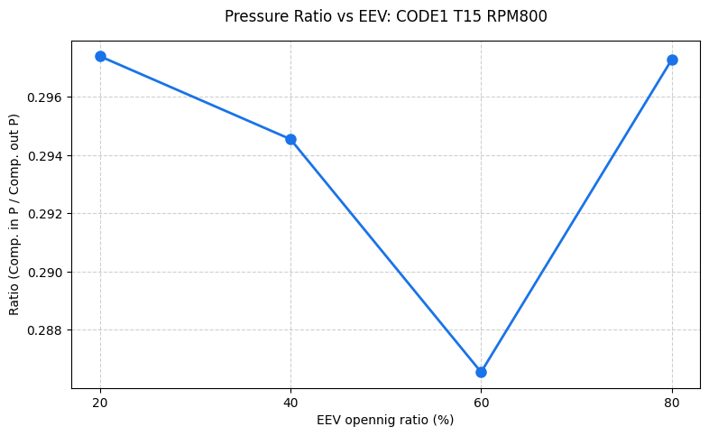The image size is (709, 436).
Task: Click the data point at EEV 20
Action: [x=100, y=56]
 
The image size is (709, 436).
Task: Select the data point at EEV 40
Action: [x=290, y=139]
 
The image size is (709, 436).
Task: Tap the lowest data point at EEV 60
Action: [x=481, y=372]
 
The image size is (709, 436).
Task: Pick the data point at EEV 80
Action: [x=672, y=60]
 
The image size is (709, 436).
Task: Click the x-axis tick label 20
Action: [x=100, y=402]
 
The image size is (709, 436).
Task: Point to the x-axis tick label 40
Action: [x=290, y=402]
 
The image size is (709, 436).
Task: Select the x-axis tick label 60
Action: [x=481, y=402]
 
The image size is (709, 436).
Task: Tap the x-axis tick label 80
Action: [x=672, y=402]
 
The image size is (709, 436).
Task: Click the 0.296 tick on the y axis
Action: [x=46, y=97]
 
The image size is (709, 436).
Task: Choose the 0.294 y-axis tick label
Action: [x=46, y=156]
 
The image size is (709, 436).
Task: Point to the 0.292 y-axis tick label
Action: [x=46, y=214]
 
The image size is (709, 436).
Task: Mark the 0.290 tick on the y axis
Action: [x=46, y=273]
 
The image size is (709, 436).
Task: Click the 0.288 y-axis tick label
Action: [x=46, y=330]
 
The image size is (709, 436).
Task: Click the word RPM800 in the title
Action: [x=520, y=16]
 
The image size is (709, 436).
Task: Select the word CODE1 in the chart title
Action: [x=424, y=16]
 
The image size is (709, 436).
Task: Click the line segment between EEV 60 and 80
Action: [x=576, y=216]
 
